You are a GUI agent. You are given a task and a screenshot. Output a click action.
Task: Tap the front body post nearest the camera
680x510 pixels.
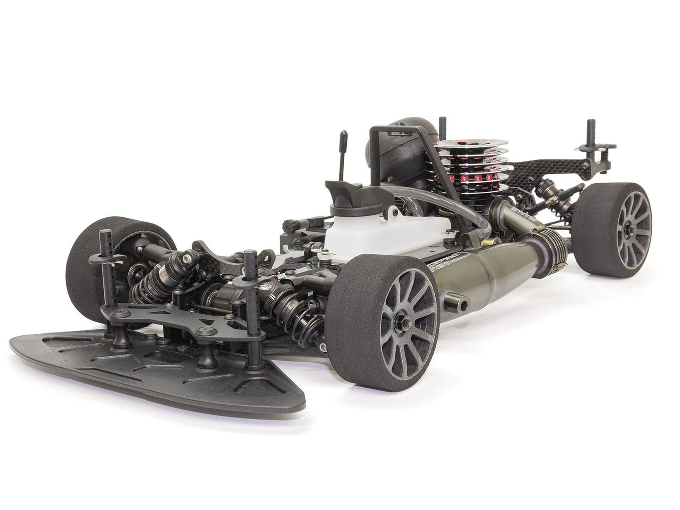pos(252,308)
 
